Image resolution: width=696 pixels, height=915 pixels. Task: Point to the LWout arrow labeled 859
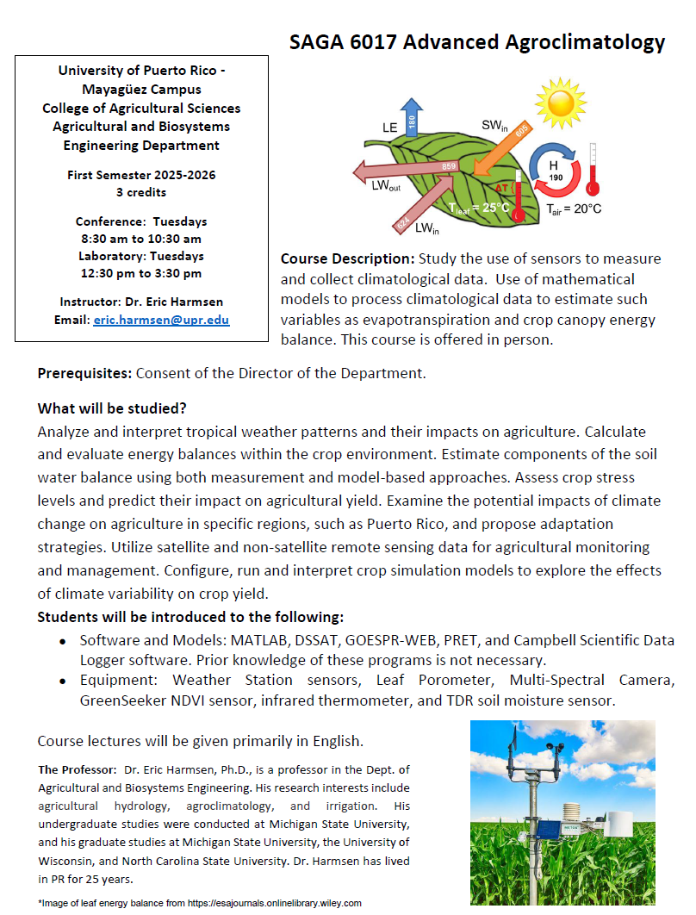405,167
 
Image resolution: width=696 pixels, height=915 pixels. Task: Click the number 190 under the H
555,177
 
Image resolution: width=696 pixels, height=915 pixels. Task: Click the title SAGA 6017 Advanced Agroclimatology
477,42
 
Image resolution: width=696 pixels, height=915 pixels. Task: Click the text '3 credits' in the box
141,192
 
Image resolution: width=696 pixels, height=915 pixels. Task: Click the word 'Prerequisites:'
84,374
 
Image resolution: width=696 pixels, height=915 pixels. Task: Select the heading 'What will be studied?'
112,408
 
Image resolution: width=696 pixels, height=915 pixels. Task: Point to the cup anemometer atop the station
560,748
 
